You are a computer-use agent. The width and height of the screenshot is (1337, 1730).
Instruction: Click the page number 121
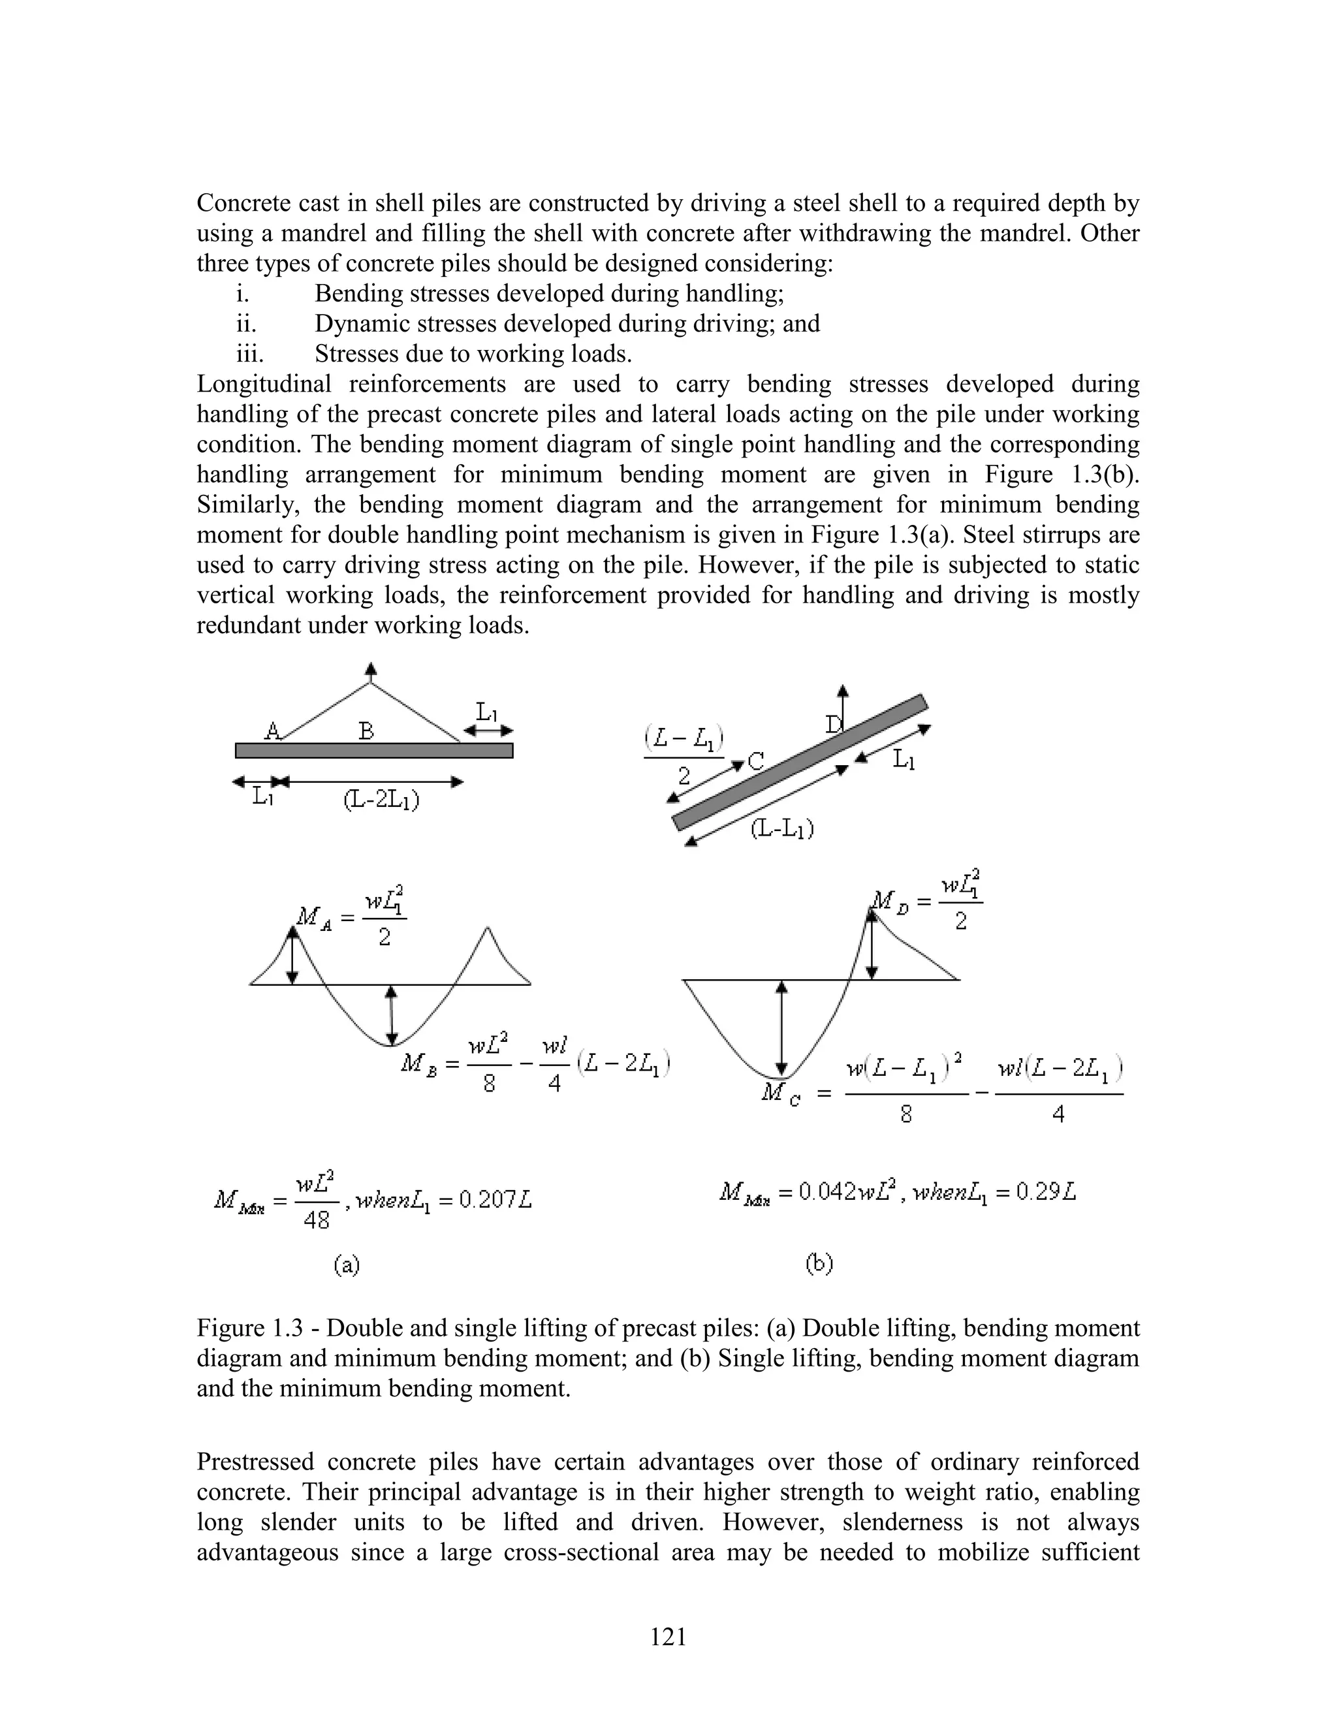pyautogui.click(x=668, y=1636)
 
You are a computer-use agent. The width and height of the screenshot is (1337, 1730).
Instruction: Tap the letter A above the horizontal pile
pyautogui.click(x=272, y=731)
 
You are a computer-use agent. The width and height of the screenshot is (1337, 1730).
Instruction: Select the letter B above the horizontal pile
pyautogui.click(x=366, y=731)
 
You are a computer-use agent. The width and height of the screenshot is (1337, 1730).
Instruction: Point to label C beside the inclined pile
pyautogui.click(x=757, y=762)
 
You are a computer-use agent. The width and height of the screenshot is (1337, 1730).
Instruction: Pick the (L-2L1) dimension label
pyautogui.click(x=382, y=800)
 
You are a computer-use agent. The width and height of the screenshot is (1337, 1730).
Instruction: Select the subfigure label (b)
pyautogui.click(x=820, y=1263)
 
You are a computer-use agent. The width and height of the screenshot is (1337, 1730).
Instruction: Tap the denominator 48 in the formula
pyautogui.click(x=316, y=1221)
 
